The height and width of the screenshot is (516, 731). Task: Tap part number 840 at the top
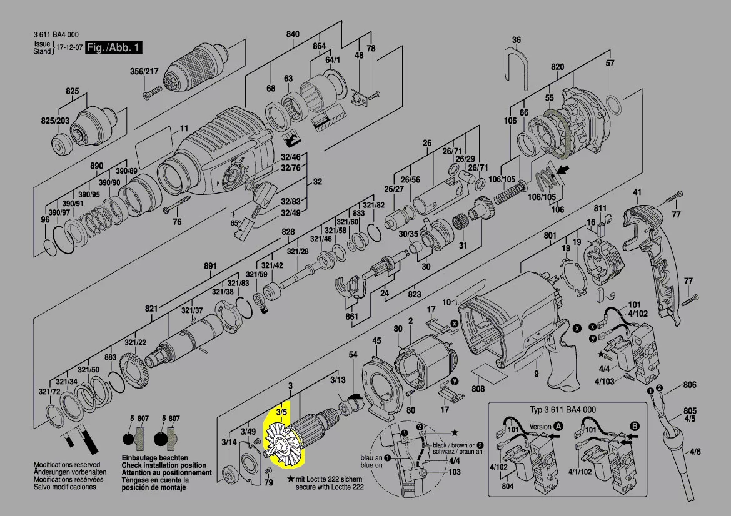pyautogui.click(x=293, y=34)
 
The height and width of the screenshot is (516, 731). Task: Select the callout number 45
pyautogui.click(x=376, y=340)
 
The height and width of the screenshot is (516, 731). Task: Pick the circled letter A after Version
pyautogui.click(x=558, y=427)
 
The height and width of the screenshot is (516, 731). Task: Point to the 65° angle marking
pyautogui.click(x=236, y=222)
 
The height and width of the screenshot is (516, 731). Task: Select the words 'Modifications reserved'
pyautogui.click(x=66, y=465)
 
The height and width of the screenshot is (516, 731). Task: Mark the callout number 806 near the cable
pyautogui.click(x=690, y=385)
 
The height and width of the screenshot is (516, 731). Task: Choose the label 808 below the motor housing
pyautogui.click(x=478, y=389)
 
